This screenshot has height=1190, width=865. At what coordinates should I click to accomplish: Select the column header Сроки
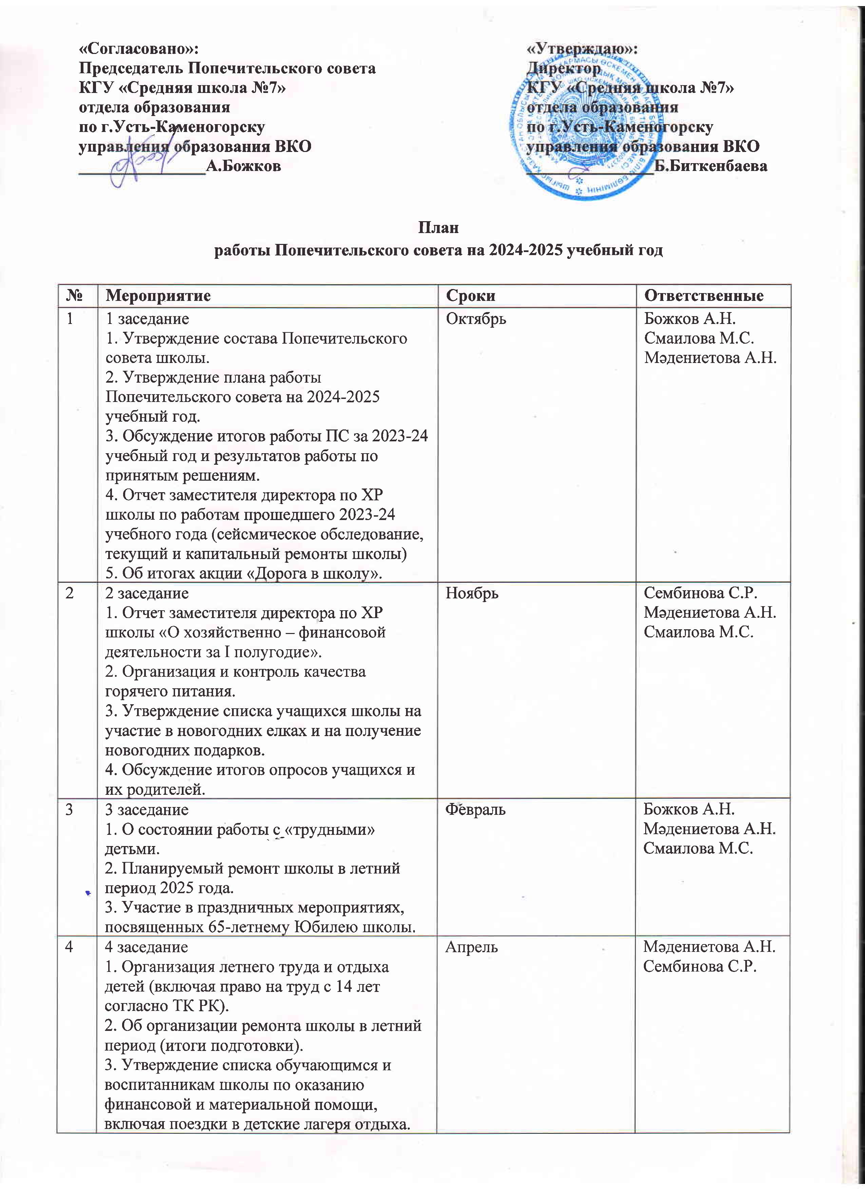coord(470,296)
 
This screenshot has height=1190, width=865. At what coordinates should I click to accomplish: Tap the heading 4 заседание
coord(146,947)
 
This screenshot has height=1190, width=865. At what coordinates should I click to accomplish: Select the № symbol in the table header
coord(77,296)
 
